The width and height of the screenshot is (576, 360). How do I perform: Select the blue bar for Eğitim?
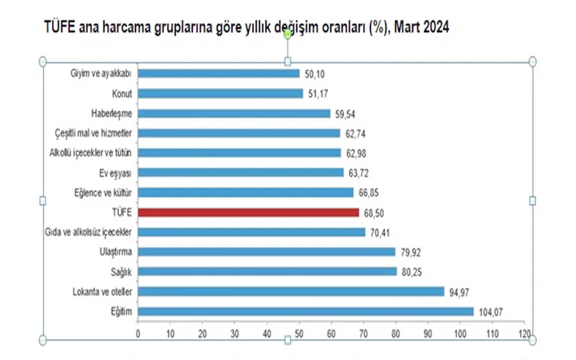tap(305, 311)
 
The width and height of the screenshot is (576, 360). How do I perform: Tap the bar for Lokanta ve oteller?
tap(291, 292)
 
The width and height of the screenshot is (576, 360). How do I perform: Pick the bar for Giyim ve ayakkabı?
tap(218, 73)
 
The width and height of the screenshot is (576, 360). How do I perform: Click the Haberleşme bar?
tap(234, 113)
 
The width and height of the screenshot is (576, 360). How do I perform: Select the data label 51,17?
tap(318, 93)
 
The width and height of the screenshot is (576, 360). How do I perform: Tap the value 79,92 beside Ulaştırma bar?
tap(411, 252)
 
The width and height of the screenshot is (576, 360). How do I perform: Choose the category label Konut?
tap(121, 93)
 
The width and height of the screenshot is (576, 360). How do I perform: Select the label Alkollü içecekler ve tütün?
tap(91, 153)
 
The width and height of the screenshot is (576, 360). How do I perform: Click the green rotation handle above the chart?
tap(288, 46)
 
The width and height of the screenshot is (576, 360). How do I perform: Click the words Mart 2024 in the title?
tap(424, 27)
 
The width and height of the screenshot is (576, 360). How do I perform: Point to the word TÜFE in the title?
tap(60, 27)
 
